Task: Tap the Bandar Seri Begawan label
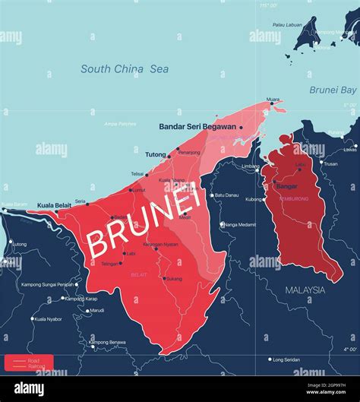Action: [x=197, y=127]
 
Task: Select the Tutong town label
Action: [x=156, y=154]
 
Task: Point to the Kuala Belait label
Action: [x=55, y=204]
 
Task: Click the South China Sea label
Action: [x=125, y=69]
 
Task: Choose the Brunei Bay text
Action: [x=333, y=90]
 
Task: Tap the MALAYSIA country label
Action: [x=305, y=290]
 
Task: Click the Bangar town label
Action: [x=287, y=185]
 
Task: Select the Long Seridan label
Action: [x=288, y=359]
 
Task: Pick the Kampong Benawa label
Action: [x=107, y=343]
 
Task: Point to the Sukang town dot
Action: [x=164, y=279]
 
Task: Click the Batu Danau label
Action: [x=226, y=195]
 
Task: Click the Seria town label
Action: [x=80, y=201]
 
